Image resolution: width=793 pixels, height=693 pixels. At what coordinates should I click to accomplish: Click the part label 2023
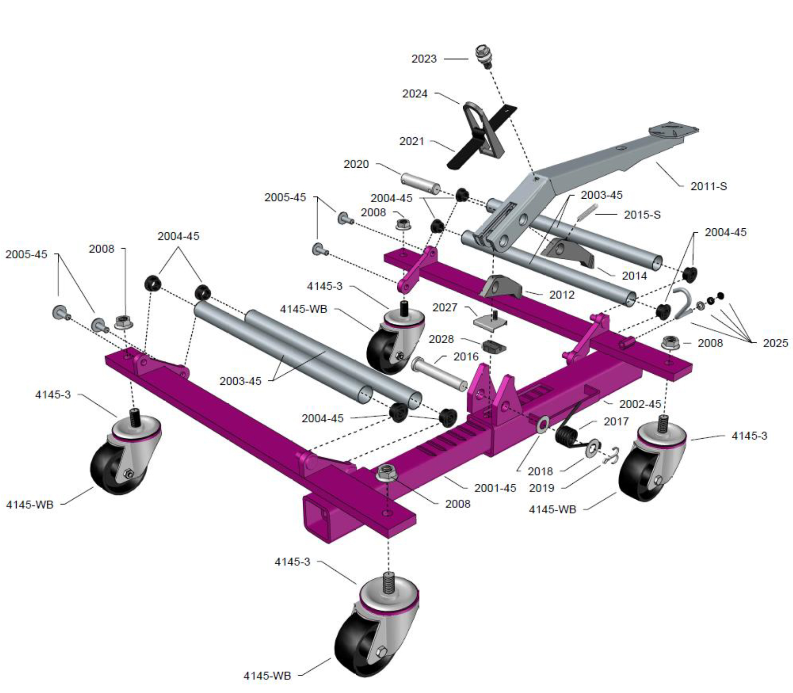pos(424,59)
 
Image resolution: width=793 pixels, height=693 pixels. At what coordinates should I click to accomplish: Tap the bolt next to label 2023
pos(483,56)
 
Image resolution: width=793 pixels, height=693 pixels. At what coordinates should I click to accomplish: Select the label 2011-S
pos(708,186)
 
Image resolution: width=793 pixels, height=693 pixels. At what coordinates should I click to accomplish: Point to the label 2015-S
pos(642,214)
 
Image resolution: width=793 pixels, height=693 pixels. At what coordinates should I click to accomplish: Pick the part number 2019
pos(541,488)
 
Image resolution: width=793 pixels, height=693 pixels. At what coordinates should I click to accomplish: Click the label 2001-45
pos(495,488)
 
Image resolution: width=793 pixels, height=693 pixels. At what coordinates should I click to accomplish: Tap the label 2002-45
pos(640,404)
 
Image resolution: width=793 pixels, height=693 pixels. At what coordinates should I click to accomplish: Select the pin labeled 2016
pos(439,373)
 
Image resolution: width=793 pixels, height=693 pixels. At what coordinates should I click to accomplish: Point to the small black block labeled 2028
pos(494,347)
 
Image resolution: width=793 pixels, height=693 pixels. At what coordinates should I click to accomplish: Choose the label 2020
pos(356,164)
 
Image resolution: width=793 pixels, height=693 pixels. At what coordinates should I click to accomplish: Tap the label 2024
pos(415,94)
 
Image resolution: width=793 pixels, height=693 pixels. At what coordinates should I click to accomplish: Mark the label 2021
pos(412,141)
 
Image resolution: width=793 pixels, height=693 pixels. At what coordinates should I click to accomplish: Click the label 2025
pos(775,343)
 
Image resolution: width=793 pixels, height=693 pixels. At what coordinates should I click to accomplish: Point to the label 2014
pos(634,276)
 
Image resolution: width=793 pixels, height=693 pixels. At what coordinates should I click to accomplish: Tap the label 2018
pos(540,472)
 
